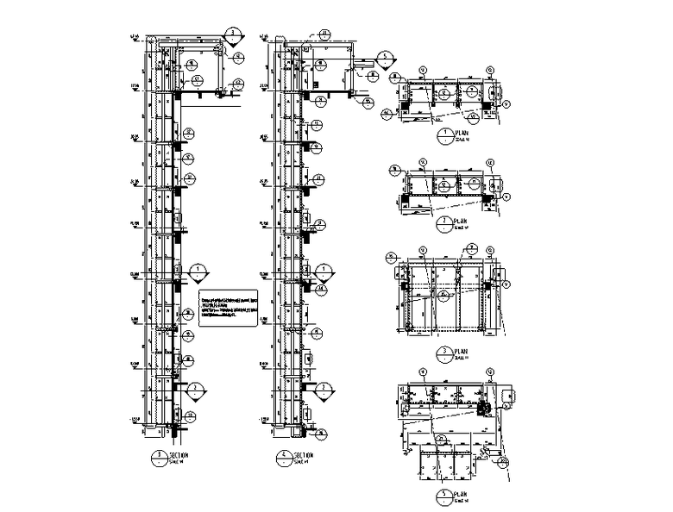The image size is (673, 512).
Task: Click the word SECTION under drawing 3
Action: click(x=179, y=454)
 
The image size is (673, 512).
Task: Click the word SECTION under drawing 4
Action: click(x=304, y=454)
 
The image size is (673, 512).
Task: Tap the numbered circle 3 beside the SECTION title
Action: click(x=159, y=457)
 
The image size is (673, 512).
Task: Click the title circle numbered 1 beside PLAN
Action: click(x=444, y=135)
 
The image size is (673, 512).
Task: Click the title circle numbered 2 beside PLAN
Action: click(x=444, y=223)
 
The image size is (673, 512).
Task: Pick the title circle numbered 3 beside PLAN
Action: click(x=444, y=353)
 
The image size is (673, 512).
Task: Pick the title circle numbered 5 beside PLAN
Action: click(x=444, y=497)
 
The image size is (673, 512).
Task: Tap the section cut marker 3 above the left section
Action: click(x=233, y=36)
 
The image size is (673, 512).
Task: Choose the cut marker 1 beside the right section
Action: click(x=324, y=271)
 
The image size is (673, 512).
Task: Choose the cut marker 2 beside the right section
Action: click(x=324, y=390)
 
